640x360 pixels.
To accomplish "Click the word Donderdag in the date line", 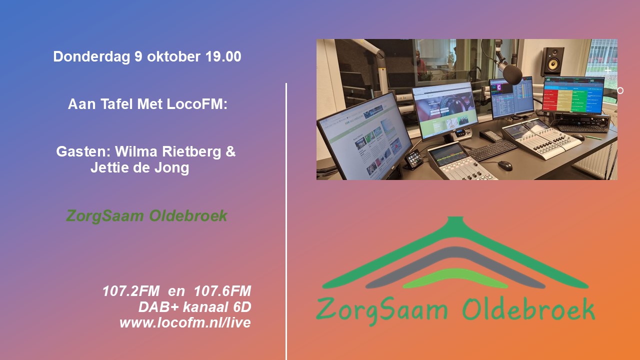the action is (91, 57).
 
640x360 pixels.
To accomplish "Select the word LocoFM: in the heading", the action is (197, 104).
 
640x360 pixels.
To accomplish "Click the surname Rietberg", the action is (191, 151).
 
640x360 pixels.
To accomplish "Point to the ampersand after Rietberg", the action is (230, 151).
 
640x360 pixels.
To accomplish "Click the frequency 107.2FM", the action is (131, 291).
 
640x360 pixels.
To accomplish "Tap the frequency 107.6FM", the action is (222, 291).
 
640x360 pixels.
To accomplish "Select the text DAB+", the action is (158, 307).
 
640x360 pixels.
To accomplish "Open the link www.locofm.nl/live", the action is (185, 322).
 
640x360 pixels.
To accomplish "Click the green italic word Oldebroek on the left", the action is (188, 215).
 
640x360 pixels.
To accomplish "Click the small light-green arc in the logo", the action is (455, 277).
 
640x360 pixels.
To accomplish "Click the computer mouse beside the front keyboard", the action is (505, 165).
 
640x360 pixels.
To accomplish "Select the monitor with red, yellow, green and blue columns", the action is (573, 95).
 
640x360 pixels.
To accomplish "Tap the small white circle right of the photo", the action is (620, 90).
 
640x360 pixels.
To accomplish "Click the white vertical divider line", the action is (286, 221).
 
